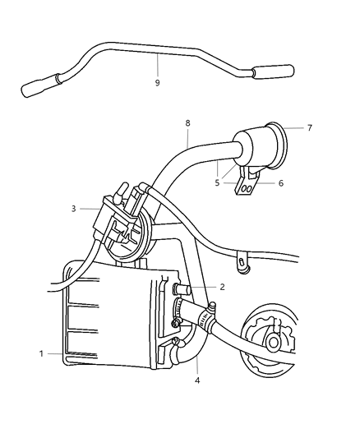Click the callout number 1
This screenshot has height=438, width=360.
(x=41, y=353)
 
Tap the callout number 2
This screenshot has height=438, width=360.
(x=222, y=287)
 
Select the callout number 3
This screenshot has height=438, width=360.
(x=73, y=209)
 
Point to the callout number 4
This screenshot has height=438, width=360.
(x=197, y=380)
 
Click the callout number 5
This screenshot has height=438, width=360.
(x=217, y=183)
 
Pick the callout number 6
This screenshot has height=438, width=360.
(x=280, y=183)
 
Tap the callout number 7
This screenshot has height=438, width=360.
(x=309, y=128)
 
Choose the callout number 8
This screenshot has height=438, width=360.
(x=187, y=123)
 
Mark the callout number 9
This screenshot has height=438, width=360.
(x=157, y=83)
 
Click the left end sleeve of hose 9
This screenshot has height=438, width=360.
(x=41, y=85)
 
